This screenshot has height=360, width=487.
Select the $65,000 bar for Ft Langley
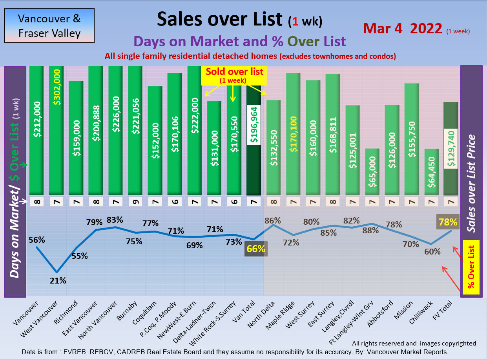pyautogui.click(x=372, y=171)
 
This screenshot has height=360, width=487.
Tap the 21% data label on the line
pyautogui.click(x=58, y=280)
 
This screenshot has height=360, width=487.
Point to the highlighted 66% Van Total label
pyautogui.click(x=256, y=249)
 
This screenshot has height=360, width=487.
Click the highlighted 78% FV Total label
pyautogui.click(x=448, y=222)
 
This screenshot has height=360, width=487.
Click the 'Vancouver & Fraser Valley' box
pyautogui.click(x=49, y=26)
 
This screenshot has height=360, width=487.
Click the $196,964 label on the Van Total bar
pyautogui.click(x=254, y=125)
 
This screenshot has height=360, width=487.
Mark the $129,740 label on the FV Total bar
pyautogui.click(x=451, y=149)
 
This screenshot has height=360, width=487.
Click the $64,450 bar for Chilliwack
pyautogui.click(x=431, y=172)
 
